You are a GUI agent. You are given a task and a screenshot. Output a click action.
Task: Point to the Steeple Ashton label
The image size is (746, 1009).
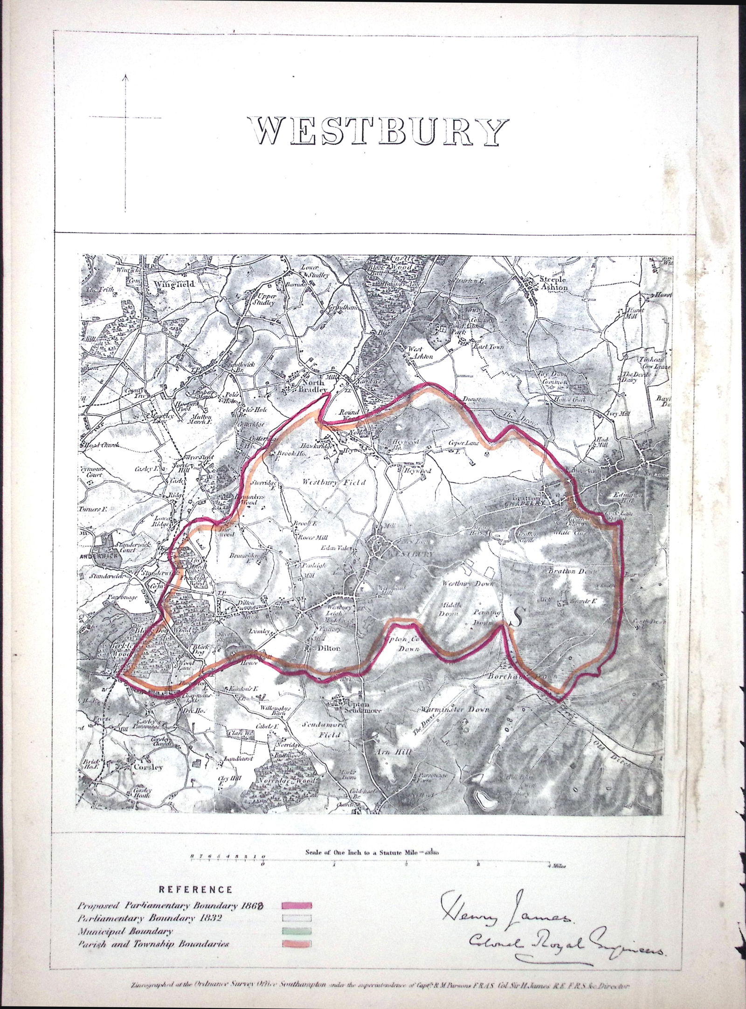553,283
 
